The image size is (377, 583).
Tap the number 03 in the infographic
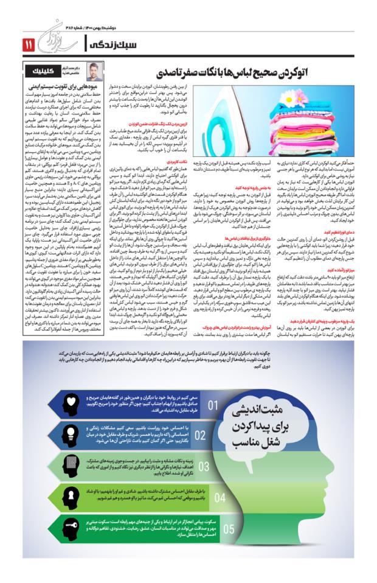pos(204,467)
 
